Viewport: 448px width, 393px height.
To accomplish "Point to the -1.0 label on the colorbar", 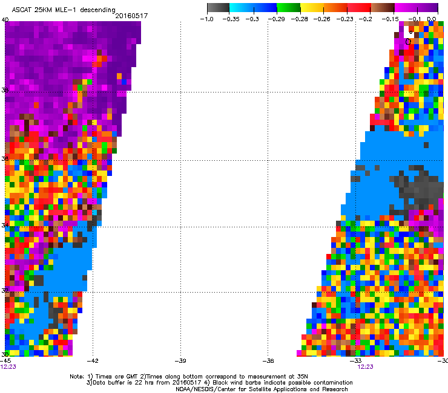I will coord(208,19).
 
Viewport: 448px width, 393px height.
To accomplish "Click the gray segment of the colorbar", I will coord(219,8).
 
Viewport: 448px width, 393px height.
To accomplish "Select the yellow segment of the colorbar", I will coord(312,8).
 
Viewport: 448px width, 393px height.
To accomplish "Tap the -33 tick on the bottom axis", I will coord(357,361).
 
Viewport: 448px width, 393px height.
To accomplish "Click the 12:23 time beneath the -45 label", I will coord(8,366).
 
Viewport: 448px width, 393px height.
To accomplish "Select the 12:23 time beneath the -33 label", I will coord(364,366).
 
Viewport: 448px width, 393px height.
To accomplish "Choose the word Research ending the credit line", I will coord(333,389).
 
